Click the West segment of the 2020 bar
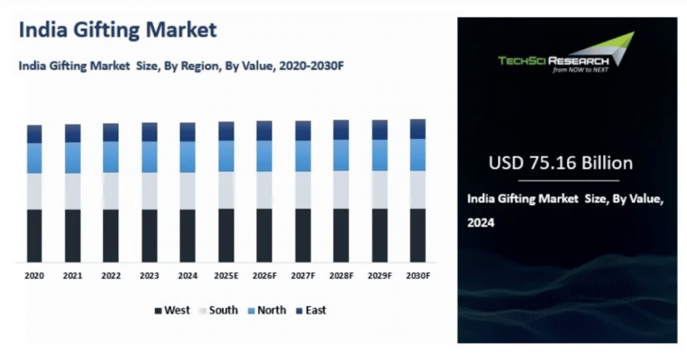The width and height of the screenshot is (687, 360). coord(34,235)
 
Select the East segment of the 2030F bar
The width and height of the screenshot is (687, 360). coord(418,128)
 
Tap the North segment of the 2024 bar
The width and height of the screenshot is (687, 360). coord(188,157)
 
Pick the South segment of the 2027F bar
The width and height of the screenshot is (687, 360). coord(303,190)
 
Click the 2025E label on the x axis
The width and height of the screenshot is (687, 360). coord(226,275)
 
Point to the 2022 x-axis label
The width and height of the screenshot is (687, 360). coord(111,275)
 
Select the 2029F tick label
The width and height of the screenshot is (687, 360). coord(380,275)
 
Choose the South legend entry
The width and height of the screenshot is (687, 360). coord(218,311)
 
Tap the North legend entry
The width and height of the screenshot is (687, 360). coord(267,311)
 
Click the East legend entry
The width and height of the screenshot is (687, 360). coord(311,311)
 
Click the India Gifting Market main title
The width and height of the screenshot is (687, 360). coord(117,30)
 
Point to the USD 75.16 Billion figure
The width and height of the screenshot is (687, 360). coord(560,164)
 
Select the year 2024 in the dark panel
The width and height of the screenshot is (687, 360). coord(481,223)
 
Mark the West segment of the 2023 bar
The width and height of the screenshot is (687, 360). coord(149,235)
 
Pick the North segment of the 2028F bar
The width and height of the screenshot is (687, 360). coord(341,155)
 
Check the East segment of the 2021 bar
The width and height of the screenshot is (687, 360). coord(73,133)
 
